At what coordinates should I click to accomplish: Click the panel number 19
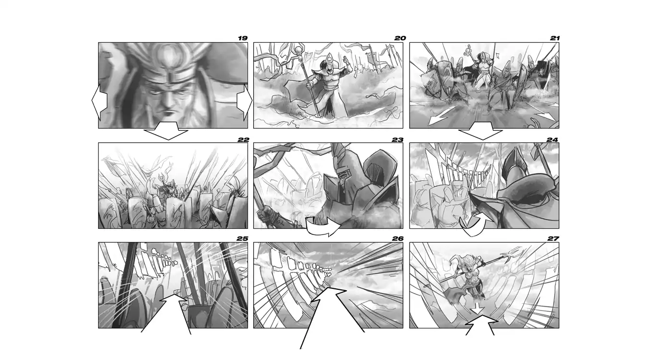tap(243, 38)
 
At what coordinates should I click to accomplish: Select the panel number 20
tap(400, 38)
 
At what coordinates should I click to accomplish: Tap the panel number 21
tap(555, 38)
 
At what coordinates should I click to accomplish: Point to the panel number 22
tap(243, 140)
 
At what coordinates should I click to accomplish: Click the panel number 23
tap(397, 140)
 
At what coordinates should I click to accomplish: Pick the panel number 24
tap(552, 140)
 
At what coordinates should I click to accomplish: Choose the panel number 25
tap(242, 239)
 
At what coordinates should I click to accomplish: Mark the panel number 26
tap(398, 239)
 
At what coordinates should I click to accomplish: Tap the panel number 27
tap(553, 239)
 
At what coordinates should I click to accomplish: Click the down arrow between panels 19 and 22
tap(166, 131)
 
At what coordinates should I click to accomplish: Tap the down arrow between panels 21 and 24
tap(481, 131)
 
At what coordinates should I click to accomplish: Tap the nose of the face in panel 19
tap(168, 102)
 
